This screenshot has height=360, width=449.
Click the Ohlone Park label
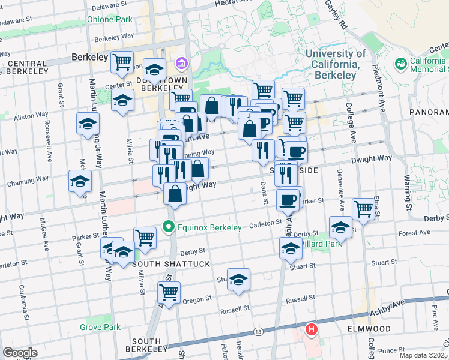coord(109,19)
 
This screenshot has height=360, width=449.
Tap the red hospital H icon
coord(312,329)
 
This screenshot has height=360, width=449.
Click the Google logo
coord(20,352)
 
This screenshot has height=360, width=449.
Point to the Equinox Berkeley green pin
coord(169,227)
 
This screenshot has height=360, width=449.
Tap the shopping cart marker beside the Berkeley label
coord(122,61)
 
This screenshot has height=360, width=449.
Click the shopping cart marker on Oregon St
coord(169,293)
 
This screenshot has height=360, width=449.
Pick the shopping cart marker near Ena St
coord(363,208)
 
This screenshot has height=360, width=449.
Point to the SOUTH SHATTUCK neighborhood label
coord(163,264)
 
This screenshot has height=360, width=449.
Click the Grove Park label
coord(100,327)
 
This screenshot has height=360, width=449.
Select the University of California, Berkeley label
coord(336,64)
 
